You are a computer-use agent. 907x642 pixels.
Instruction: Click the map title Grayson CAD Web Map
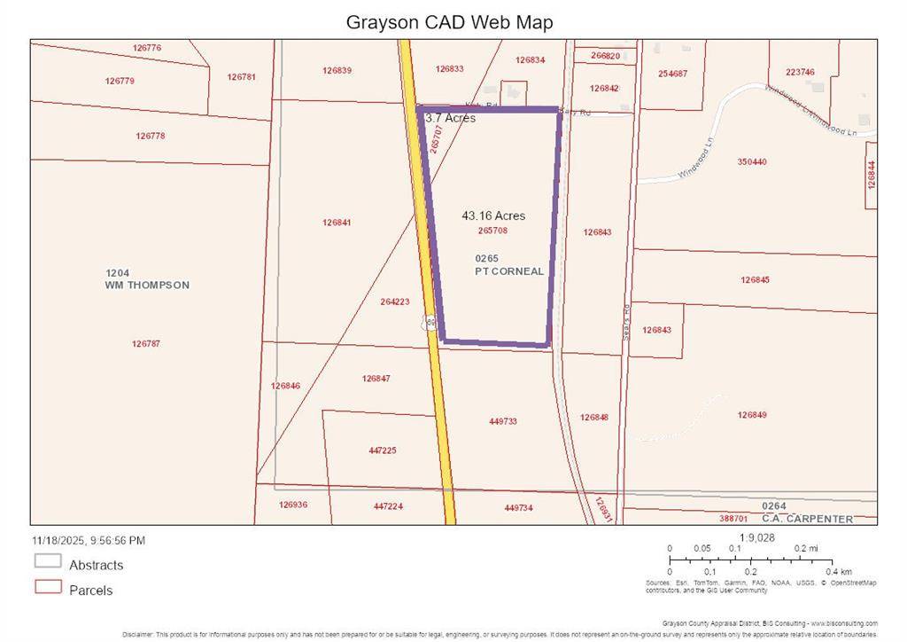click(449, 22)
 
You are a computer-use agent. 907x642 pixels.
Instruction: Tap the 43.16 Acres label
click(493, 215)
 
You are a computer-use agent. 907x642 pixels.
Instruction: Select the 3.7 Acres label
click(450, 118)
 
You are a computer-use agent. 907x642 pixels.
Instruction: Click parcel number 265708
click(492, 231)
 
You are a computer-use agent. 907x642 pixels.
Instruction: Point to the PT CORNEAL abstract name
click(509, 271)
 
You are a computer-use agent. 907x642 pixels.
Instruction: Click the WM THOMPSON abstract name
click(147, 286)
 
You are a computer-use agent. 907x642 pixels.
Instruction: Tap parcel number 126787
click(147, 344)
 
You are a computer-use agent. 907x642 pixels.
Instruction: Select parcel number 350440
click(751, 162)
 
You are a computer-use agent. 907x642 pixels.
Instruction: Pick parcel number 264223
click(395, 301)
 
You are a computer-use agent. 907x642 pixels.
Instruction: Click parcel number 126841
click(337, 223)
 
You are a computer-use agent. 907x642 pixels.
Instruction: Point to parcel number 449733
click(502, 421)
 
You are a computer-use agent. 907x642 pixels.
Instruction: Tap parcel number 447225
click(383, 450)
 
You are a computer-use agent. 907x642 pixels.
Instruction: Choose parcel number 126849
click(752, 414)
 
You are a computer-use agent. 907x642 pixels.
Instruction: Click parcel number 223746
click(800, 72)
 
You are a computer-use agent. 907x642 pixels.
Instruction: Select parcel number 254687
click(673, 74)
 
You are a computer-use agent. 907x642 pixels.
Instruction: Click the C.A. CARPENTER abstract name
click(811, 519)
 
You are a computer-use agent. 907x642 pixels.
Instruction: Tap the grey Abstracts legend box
click(48, 561)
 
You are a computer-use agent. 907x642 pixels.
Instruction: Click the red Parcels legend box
click(48, 587)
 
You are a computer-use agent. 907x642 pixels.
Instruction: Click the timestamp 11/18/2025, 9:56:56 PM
click(89, 540)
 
